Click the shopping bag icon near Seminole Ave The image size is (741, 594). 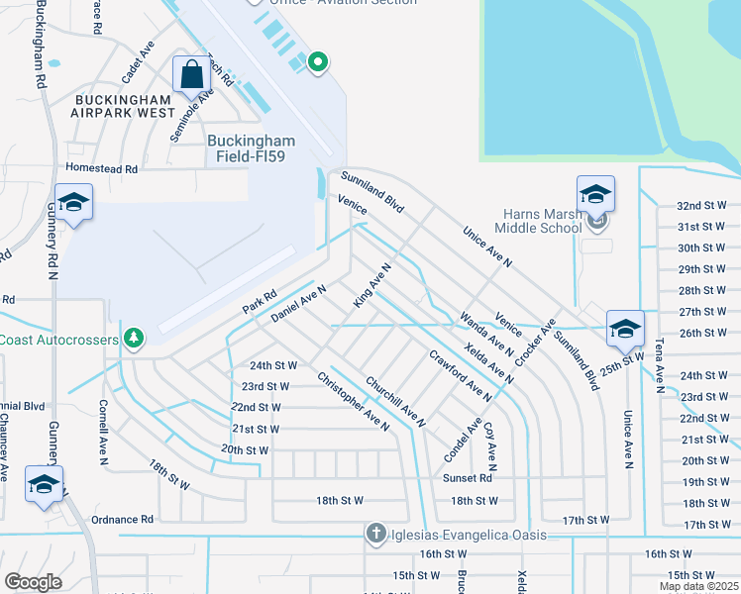click(x=189, y=74)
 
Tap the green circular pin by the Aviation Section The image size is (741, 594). click(x=317, y=64)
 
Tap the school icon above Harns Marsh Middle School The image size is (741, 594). click(x=595, y=194)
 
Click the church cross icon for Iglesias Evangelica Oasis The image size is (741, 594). click(x=375, y=535)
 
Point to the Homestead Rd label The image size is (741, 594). click(x=101, y=169)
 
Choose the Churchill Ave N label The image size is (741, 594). click(x=395, y=401)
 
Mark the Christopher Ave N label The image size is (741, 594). click(x=353, y=400)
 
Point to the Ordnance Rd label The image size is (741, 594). click(x=122, y=519)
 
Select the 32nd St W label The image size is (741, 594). click(x=701, y=205)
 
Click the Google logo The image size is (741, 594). click(x=34, y=581)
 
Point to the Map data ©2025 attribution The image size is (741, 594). click(x=697, y=586)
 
